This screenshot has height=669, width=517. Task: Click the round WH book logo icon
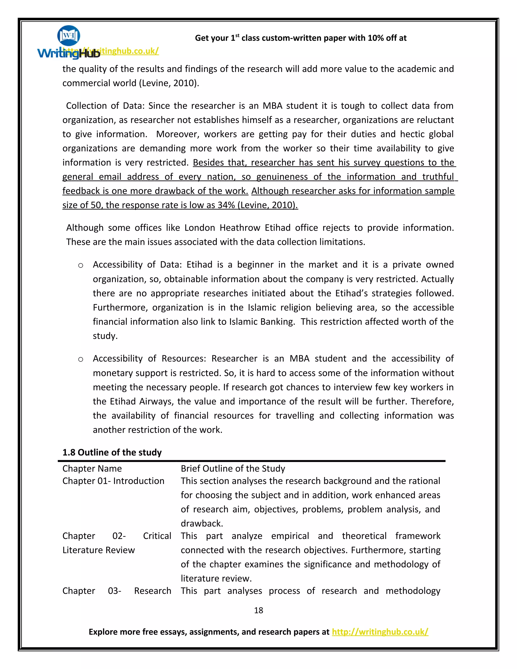coord(69,36)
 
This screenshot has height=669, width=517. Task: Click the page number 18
coord(258,610)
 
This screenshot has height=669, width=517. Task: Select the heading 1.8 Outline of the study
coord(112,452)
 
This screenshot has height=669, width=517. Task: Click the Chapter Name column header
coord(92,468)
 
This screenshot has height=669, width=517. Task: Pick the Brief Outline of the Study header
coord(233,468)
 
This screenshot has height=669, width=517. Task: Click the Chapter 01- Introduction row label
coord(113,481)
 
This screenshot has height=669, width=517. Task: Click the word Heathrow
coord(240,228)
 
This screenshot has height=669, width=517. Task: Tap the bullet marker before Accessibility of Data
coord(81,265)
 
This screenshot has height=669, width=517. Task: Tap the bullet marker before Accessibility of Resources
coord(81,359)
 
